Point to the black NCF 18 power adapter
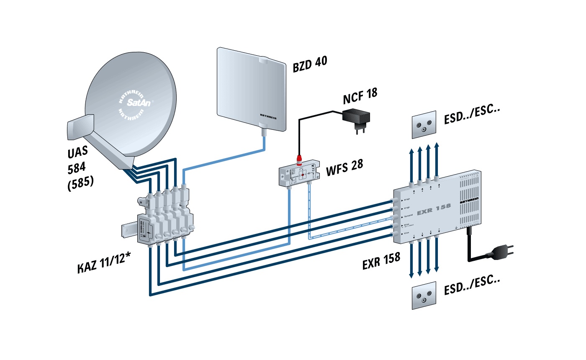[356, 118]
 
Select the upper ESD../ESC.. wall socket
[424, 125]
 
